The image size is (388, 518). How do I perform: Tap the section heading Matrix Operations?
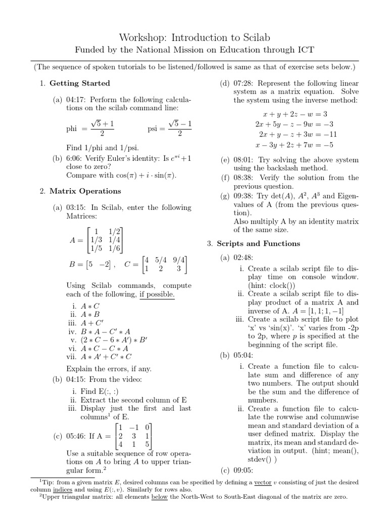pyautogui.click(x=85, y=191)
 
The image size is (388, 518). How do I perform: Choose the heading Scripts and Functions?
pyautogui.click(x=258, y=243)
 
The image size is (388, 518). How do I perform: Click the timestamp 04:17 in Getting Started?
pyautogui.click(x=76, y=100)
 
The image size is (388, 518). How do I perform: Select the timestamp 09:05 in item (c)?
pyautogui.click(x=243, y=470)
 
